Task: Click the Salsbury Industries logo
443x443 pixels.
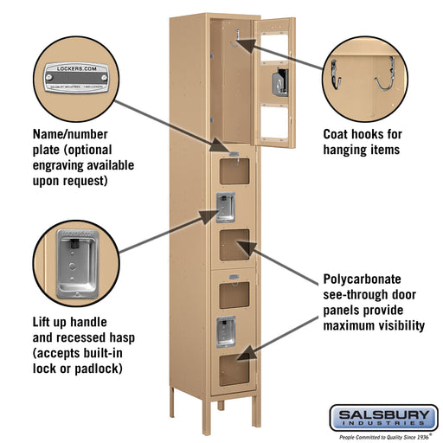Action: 382,418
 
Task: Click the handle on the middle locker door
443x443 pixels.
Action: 225,207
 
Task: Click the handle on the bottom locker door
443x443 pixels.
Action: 225,330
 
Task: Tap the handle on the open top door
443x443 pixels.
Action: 279,82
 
